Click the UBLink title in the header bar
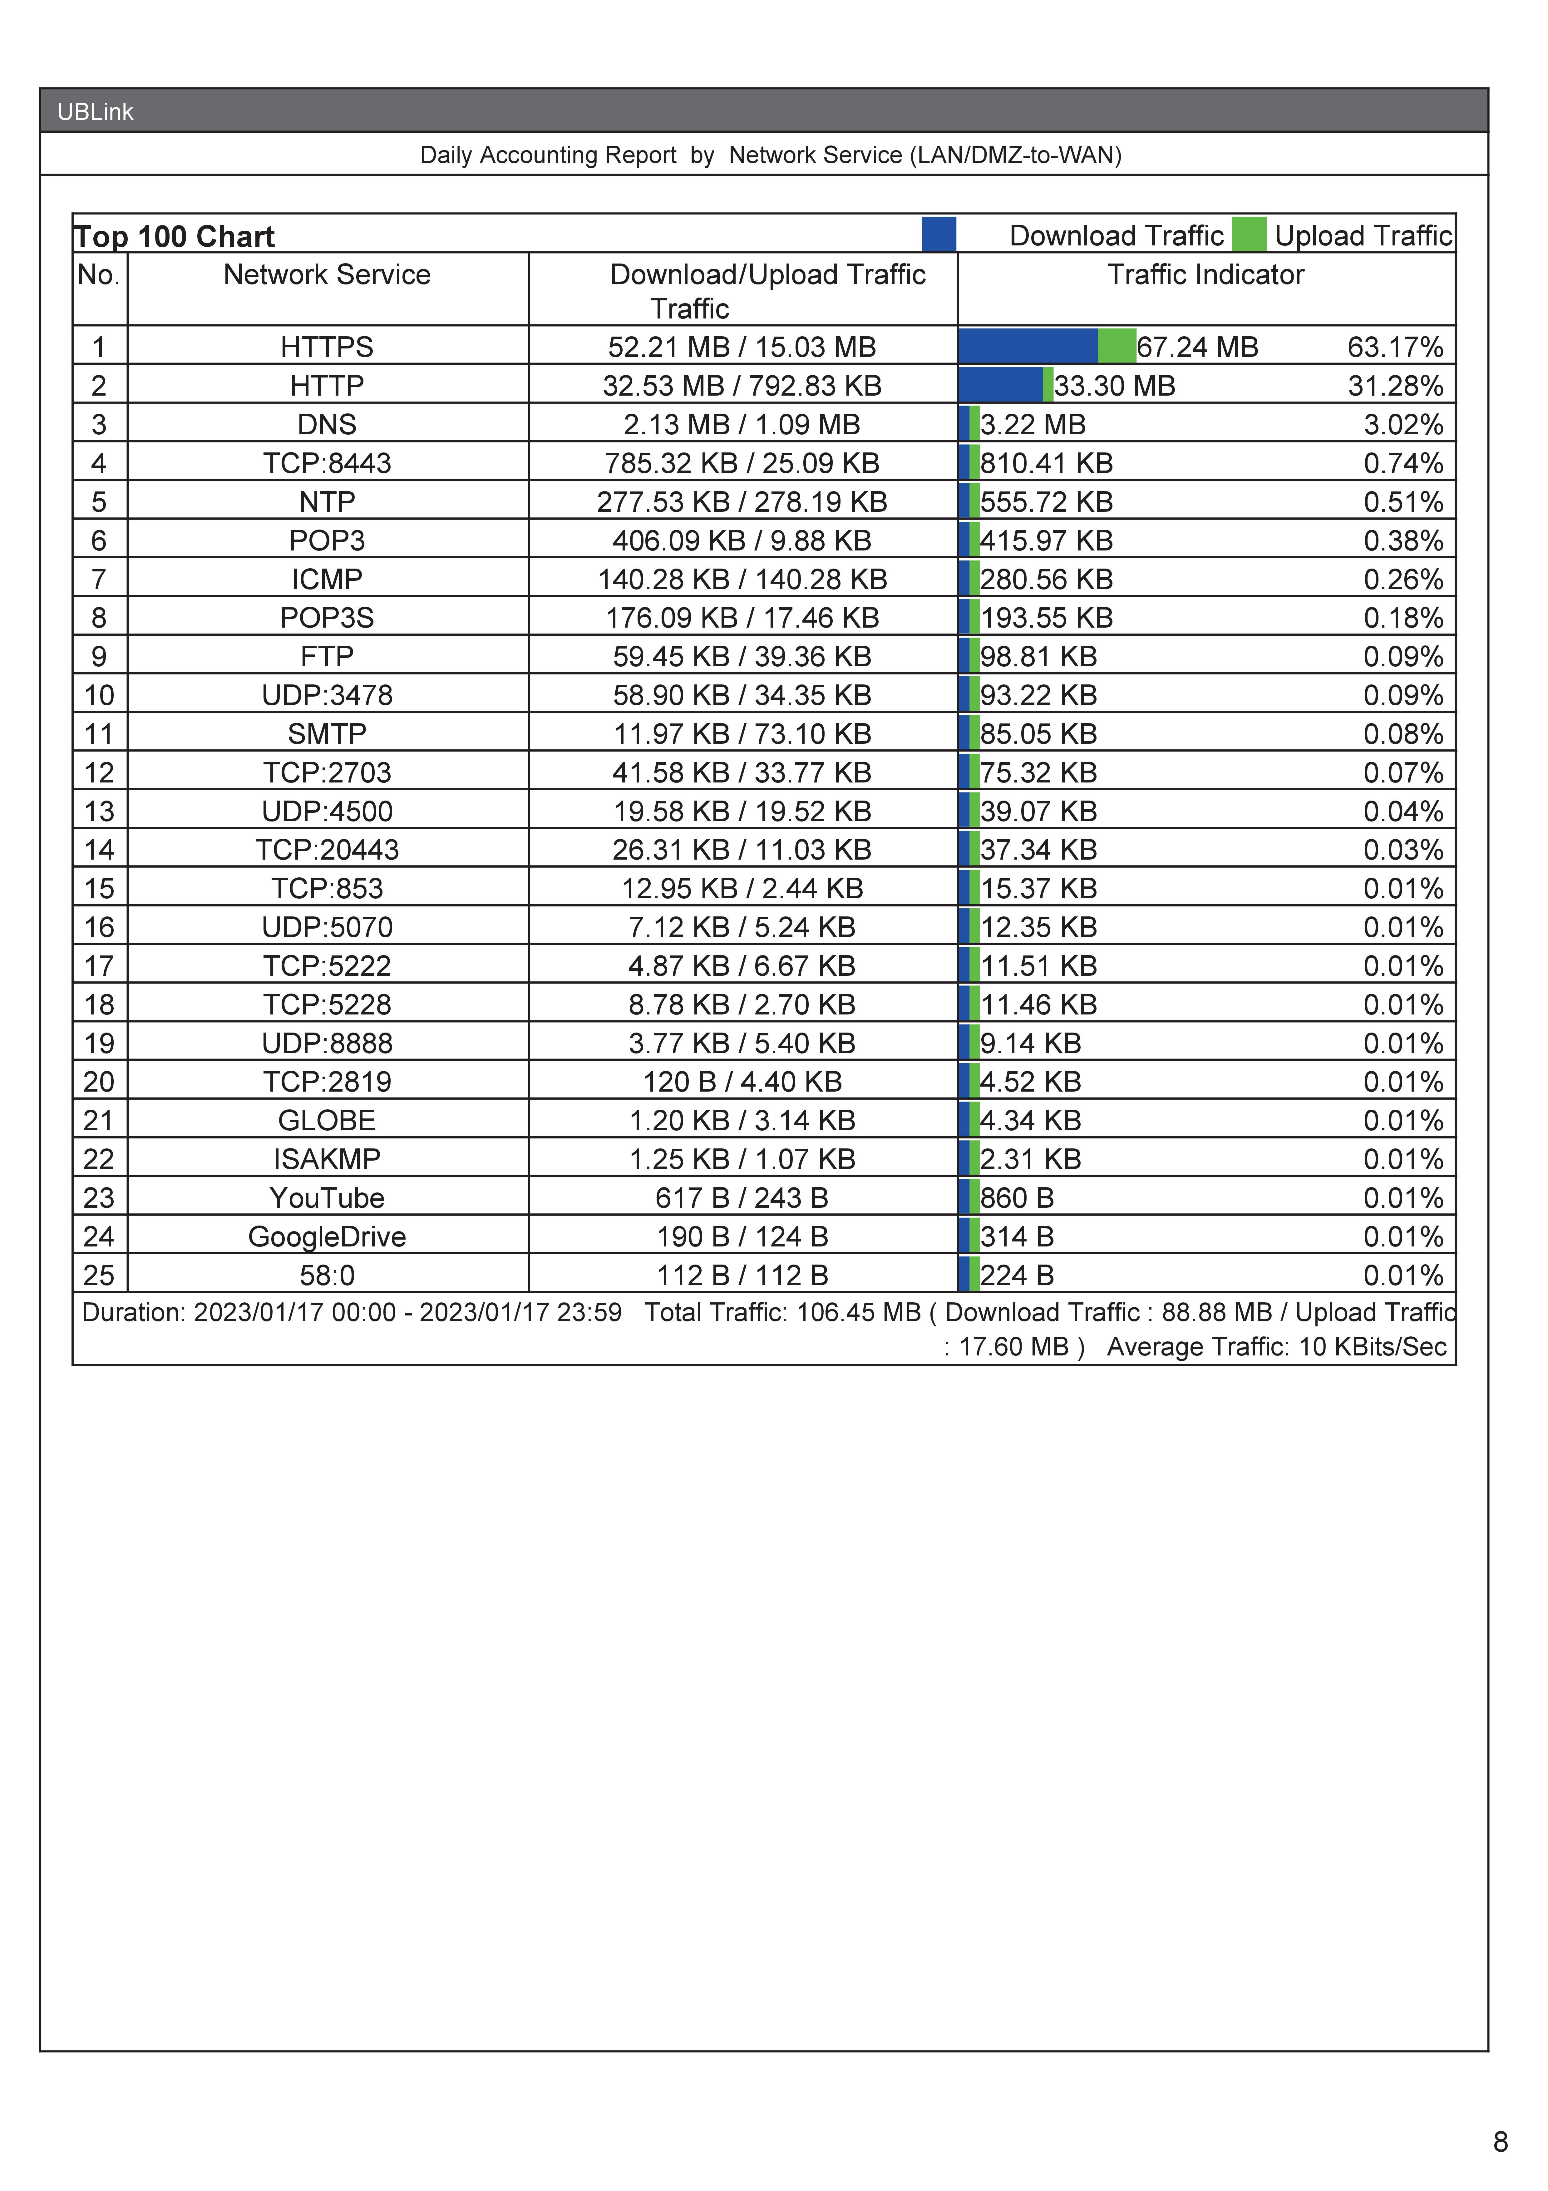pos(96,112)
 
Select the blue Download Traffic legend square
pos(938,235)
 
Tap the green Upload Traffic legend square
pos(1248,235)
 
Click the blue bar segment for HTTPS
pos(1028,345)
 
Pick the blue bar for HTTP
pos(1000,385)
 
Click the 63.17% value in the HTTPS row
pos(1394,347)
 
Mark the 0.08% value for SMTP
pos(1402,734)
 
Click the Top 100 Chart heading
pos(175,237)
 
